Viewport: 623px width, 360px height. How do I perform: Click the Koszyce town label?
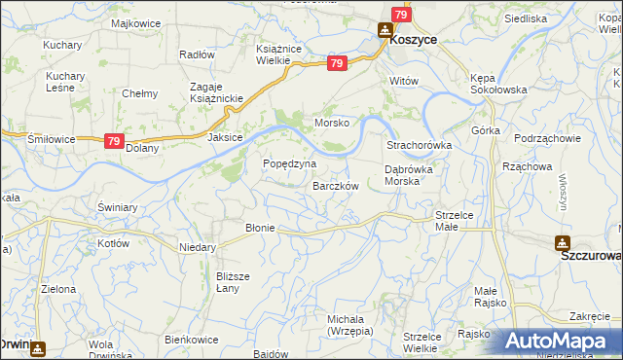click(x=413, y=40)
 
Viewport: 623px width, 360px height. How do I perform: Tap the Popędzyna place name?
click(x=290, y=163)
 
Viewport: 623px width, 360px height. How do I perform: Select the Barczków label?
click(x=336, y=185)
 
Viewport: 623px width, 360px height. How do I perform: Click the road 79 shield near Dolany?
click(x=114, y=141)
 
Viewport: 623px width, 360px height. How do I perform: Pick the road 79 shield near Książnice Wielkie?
click(x=337, y=63)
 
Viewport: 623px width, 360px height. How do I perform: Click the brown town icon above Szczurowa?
click(x=562, y=241)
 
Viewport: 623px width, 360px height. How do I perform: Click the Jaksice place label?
click(x=225, y=138)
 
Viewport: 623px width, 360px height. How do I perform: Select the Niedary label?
click(x=198, y=247)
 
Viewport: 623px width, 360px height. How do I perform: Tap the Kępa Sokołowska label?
click(x=497, y=83)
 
